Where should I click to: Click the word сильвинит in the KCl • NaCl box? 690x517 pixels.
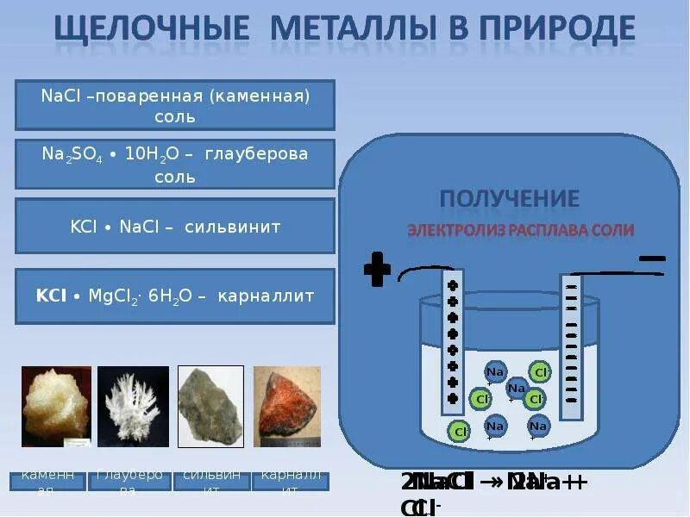point(233,227)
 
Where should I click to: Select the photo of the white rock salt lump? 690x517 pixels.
point(56,406)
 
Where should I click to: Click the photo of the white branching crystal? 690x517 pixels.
point(133,406)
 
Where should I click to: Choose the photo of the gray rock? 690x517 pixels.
point(210,406)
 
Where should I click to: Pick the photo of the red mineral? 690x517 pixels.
point(287,406)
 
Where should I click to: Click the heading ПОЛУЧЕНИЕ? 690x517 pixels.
point(509,199)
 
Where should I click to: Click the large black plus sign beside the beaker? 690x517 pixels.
point(377,269)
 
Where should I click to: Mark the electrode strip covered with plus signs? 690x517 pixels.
point(453,340)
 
